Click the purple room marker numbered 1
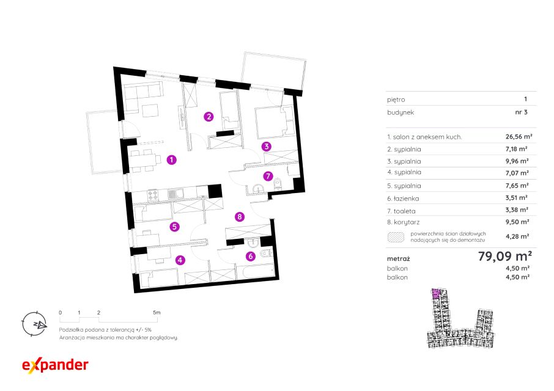(171, 159)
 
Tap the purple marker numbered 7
(268, 176)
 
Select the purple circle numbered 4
(180, 260)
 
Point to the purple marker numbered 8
(240, 216)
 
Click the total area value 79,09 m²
(505, 256)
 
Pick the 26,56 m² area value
(519, 137)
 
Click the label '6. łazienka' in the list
(403, 199)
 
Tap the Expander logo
(55, 365)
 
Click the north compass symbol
(34, 324)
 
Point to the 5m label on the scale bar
(157, 312)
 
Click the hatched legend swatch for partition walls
(396, 237)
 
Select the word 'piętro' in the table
(396, 100)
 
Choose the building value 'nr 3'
(521, 112)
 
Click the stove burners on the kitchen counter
(153, 195)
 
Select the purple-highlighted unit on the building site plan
(435, 293)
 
